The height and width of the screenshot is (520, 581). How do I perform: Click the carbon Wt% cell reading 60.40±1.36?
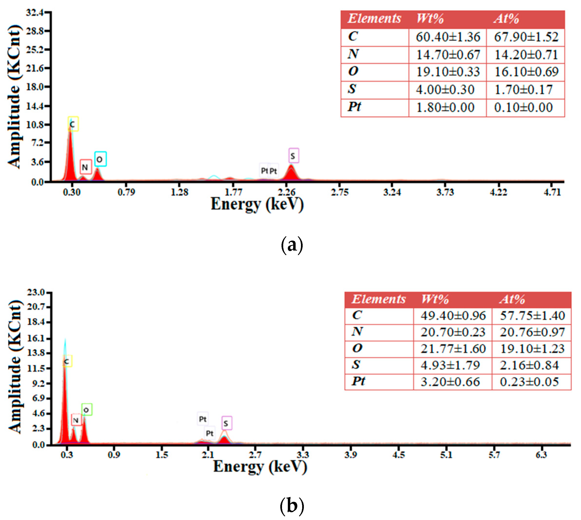[448, 37]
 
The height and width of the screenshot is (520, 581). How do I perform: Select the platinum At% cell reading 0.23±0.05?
[529, 382]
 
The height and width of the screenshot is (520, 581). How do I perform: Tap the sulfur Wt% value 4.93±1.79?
[450, 365]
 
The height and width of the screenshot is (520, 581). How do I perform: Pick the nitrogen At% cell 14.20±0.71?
[526, 55]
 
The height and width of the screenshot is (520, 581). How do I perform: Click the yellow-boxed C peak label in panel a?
[73, 124]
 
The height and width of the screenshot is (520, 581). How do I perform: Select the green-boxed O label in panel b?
[87, 410]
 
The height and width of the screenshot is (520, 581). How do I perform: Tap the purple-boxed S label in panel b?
[227, 423]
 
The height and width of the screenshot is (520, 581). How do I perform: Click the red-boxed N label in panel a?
[85, 167]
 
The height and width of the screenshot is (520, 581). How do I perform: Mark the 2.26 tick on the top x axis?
[287, 192]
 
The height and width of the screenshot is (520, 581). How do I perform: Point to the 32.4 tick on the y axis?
[35, 13]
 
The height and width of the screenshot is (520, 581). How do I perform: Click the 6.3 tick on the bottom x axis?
[541, 454]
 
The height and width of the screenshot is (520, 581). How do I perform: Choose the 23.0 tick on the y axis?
[36, 292]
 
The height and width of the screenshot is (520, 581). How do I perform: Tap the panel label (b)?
[292, 505]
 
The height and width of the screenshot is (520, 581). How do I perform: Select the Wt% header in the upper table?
[430, 19]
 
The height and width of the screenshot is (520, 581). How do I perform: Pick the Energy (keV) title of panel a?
[257, 204]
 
